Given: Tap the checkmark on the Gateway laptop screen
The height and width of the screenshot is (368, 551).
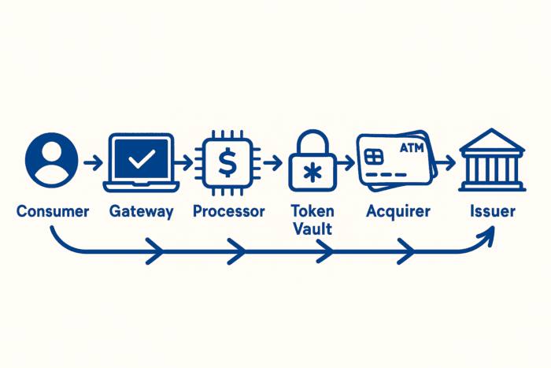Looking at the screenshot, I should click(142, 160).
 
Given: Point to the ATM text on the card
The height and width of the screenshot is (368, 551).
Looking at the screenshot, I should click(412, 147).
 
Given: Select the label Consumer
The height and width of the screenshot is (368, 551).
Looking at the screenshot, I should click(53, 211).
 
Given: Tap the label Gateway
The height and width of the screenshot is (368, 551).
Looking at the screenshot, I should click(142, 211).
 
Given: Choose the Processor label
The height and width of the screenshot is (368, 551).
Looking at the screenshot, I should click(229, 211).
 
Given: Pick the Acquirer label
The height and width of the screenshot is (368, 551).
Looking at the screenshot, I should click(398, 211).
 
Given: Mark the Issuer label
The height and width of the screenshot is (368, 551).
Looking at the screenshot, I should click(493, 211).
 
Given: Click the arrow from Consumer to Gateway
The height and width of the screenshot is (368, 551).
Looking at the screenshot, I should click(91, 163).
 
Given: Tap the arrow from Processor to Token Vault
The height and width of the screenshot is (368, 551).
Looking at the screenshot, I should click(272, 163).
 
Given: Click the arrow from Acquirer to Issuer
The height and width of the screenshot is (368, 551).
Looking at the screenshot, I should click(445, 163).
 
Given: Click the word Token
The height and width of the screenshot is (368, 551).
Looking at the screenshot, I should click(312, 211).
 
